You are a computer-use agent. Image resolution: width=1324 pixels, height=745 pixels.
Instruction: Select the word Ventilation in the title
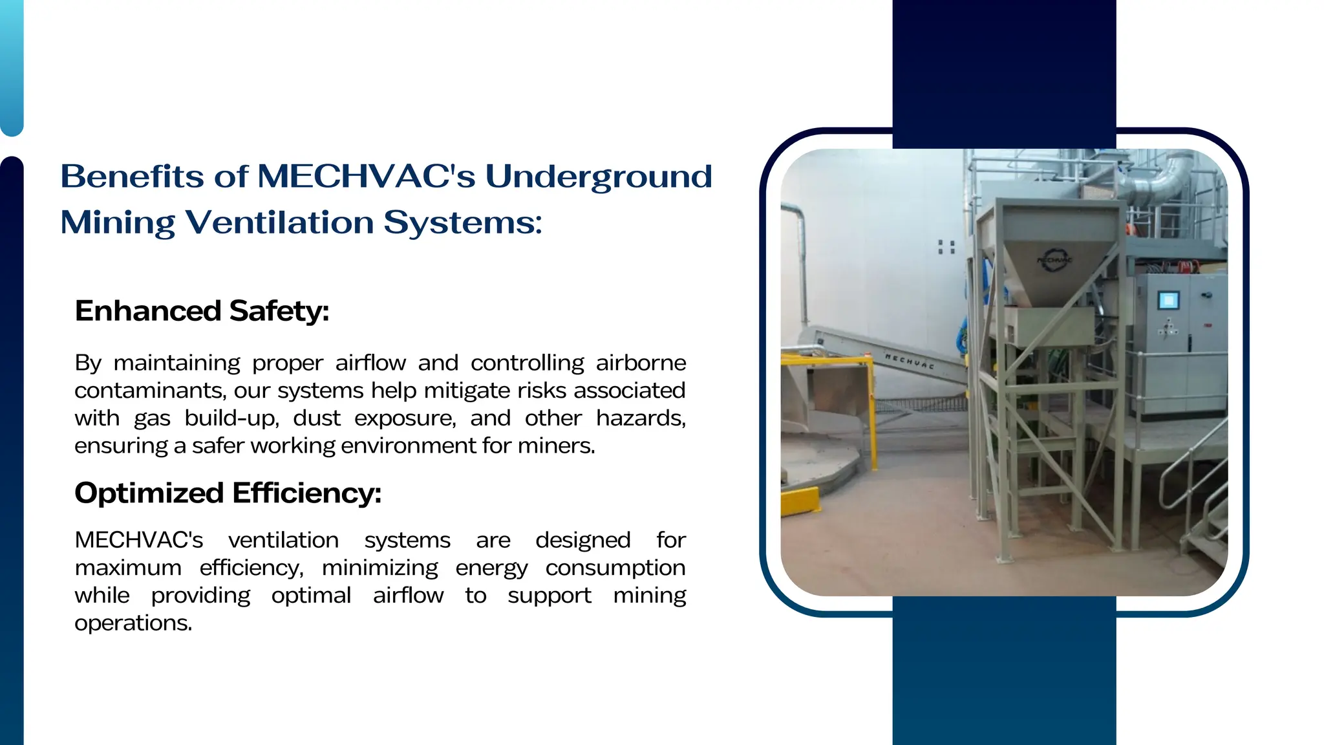tap(280, 222)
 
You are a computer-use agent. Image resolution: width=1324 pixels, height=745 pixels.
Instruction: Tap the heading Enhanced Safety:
tap(202, 311)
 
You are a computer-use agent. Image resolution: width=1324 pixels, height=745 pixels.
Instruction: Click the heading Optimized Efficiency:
tap(228, 493)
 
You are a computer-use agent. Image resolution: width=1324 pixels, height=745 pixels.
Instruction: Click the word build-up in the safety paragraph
tap(231, 419)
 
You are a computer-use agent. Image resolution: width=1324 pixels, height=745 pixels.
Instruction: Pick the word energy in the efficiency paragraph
tap(491, 568)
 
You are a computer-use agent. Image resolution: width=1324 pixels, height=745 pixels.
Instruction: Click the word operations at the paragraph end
tap(133, 623)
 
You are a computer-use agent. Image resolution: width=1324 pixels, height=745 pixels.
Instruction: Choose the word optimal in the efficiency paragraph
tap(311, 596)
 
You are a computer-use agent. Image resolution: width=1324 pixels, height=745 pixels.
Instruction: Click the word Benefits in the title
tap(132, 177)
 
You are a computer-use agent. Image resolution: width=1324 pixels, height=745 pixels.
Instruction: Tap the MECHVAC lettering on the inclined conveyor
tap(910, 361)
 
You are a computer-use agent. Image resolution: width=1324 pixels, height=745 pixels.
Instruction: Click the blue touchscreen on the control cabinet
tap(1168, 301)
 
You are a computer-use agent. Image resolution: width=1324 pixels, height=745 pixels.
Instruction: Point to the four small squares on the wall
tap(946, 246)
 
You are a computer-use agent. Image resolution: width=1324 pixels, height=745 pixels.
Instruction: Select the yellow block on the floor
tap(800, 502)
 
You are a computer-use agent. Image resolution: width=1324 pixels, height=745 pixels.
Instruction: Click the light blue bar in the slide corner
tap(12, 65)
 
